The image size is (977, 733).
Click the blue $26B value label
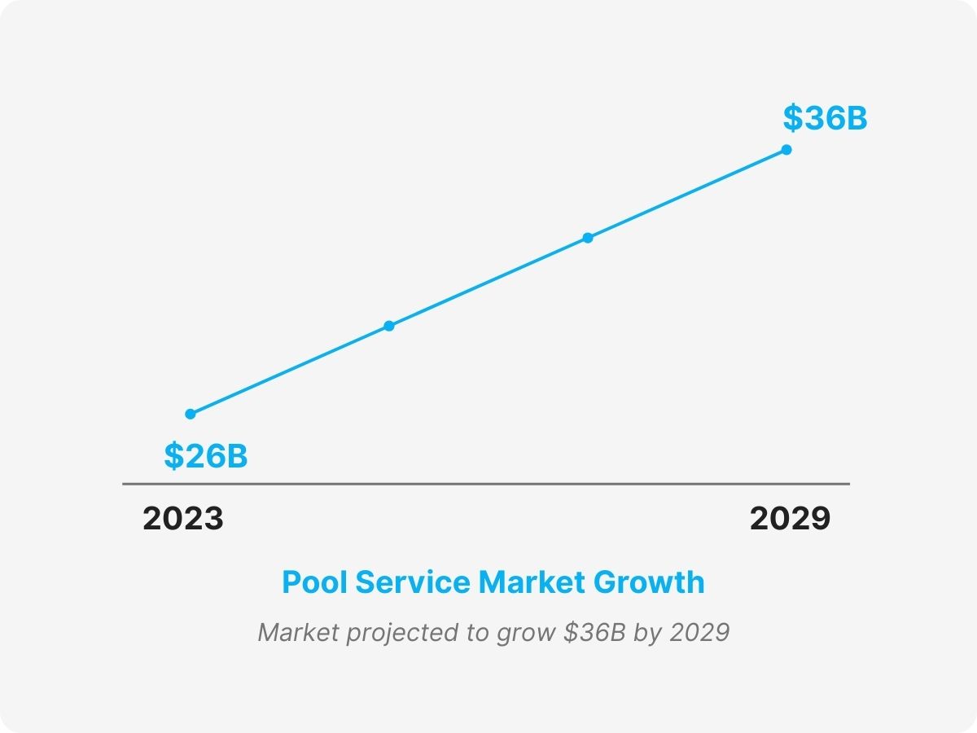(205, 456)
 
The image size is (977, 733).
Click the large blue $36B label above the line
(825, 119)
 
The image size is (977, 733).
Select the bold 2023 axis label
(183, 519)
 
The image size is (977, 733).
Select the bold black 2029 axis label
(790, 519)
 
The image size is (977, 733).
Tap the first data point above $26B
(191, 414)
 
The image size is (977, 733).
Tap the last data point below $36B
(786, 150)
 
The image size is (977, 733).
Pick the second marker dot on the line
(389, 326)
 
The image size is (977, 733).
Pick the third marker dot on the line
(588, 238)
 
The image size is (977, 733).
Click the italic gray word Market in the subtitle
(290, 633)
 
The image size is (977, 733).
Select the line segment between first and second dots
(290, 370)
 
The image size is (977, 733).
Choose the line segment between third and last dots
(687, 194)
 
